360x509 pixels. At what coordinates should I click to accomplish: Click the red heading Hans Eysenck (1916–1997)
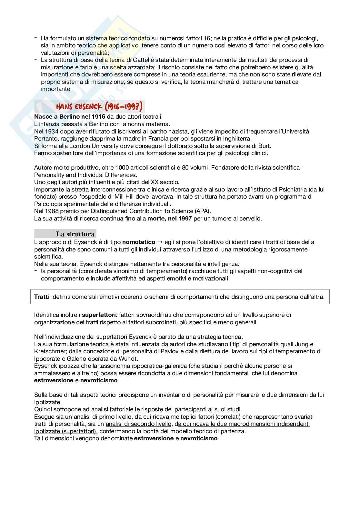99,106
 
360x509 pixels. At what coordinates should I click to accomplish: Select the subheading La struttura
75,234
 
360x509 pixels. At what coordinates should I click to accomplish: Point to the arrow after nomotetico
160,242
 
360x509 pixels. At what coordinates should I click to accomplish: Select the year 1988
50,211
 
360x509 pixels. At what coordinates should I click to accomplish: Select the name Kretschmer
50,351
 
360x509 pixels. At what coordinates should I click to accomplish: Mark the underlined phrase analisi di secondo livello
140,424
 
